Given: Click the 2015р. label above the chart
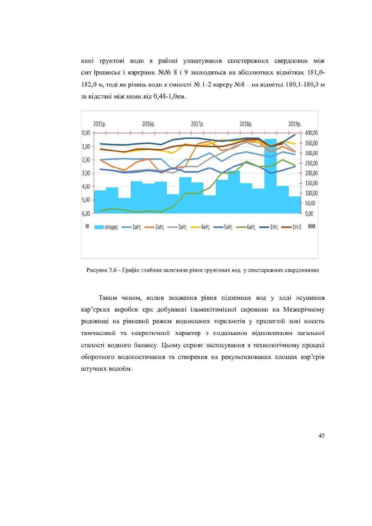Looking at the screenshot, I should pos(100,124).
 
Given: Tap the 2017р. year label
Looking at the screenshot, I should pos(197,124).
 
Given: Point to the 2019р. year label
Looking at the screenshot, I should pos(295,124).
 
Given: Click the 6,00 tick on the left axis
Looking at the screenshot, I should pos(86,213).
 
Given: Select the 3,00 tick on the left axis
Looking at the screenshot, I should pos(86,173).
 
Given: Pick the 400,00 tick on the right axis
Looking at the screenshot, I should pos(311,133).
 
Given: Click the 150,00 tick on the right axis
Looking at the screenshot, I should pos(311,183).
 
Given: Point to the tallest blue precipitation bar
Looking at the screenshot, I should pos(270,175).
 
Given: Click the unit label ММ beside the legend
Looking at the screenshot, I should pos(312,226).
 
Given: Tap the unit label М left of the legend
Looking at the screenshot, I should pos(87,226).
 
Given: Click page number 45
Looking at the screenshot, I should pos(321,435).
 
